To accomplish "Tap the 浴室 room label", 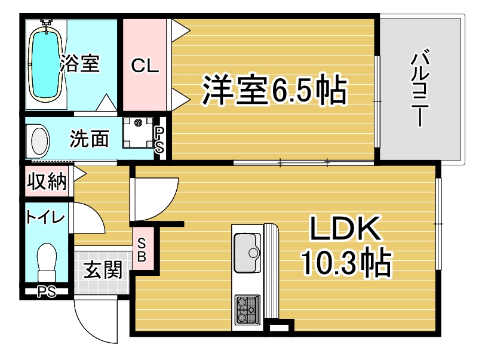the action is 80,63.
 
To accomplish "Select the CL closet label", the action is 145,65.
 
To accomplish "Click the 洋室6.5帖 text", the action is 274,90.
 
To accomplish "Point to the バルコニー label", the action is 420,88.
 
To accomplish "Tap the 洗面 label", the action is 89,139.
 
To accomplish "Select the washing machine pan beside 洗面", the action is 138,133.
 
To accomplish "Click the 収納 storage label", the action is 47,181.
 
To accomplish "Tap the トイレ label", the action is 45,217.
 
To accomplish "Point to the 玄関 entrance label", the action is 103,270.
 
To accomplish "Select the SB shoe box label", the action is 142,250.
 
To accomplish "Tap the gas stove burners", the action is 247,310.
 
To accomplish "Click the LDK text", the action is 345,229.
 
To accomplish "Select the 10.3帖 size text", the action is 346,261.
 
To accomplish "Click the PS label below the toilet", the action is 47,292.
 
